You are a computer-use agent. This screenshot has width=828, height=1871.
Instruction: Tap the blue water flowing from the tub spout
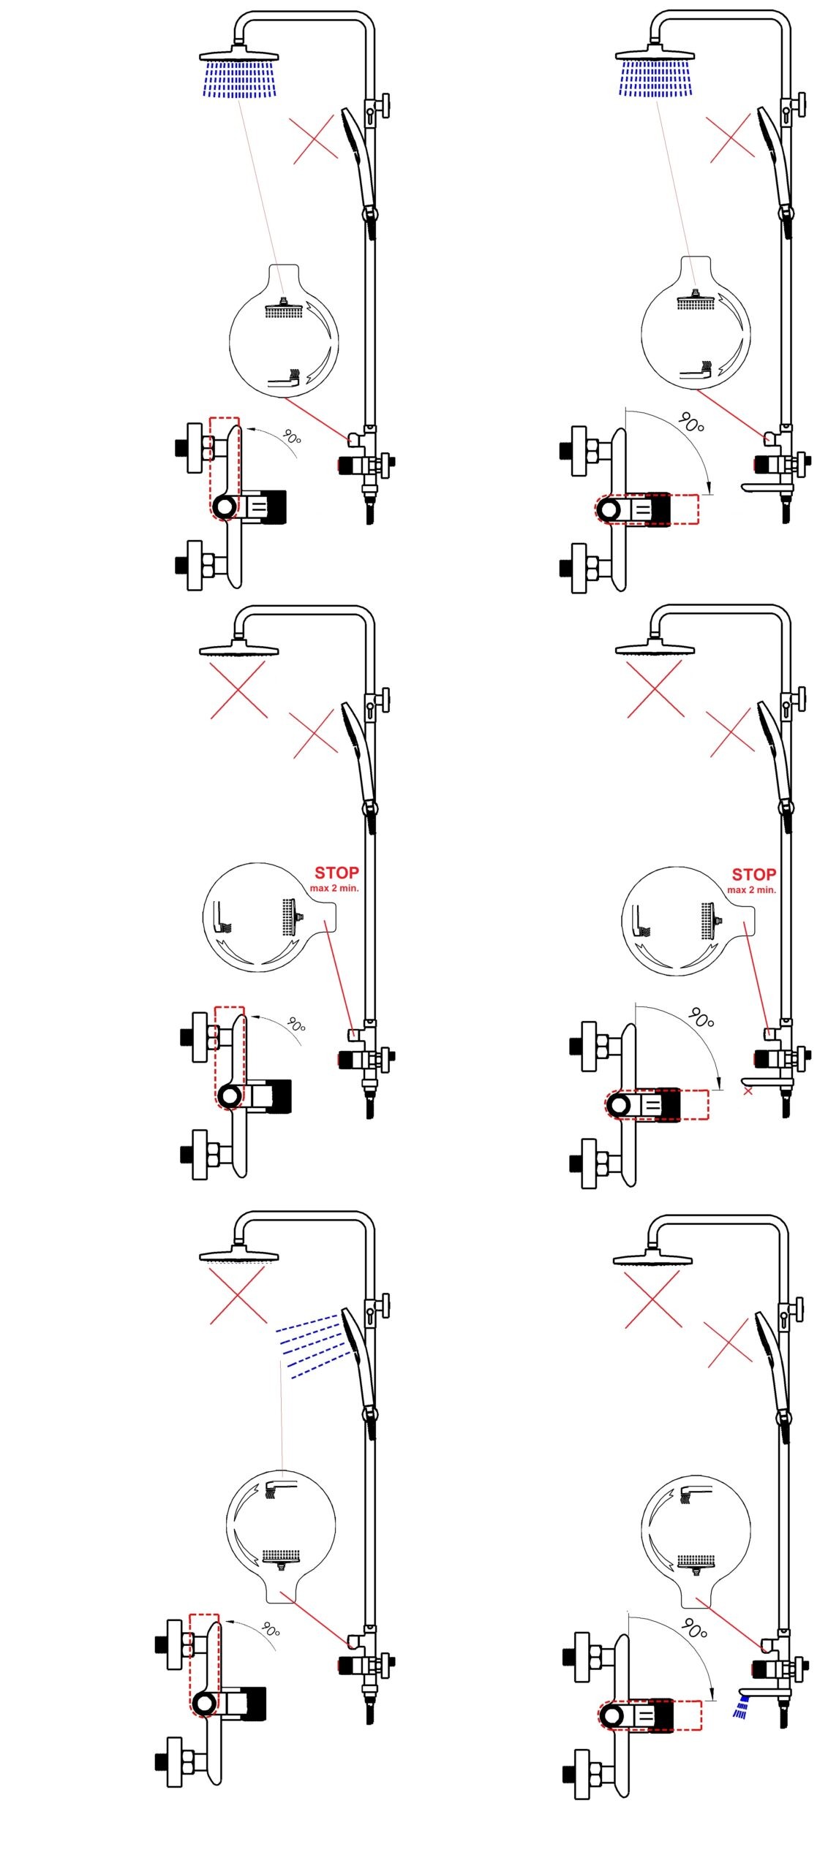click(x=742, y=1709)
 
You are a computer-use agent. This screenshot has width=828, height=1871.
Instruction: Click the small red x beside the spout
click(x=748, y=1091)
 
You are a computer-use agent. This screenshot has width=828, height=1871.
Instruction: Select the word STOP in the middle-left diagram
click(x=336, y=873)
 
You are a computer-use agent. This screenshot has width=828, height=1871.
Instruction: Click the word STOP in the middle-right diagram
click(x=753, y=874)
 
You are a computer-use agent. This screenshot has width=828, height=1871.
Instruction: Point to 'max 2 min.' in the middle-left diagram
click(x=334, y=888)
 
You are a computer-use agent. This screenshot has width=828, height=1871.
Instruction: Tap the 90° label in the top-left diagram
click(x=292, y=438)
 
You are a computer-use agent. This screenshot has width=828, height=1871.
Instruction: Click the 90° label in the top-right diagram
click(x=690, y=422)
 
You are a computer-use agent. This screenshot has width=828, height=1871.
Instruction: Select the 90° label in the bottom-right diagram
click(x=693, y=1629)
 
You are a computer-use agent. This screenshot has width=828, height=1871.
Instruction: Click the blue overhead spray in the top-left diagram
click(x=239, y=79)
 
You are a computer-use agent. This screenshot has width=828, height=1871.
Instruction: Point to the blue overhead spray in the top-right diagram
click(x=655, y=78)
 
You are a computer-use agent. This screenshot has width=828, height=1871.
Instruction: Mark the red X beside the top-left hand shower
click(x=315, y=140)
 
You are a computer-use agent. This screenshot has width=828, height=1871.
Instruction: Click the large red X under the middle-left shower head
click(x=238, y=689)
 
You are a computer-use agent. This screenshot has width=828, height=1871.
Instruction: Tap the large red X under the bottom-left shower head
click(x=238, y=1296)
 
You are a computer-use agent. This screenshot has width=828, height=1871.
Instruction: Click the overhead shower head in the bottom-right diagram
click(x=652, y=1259)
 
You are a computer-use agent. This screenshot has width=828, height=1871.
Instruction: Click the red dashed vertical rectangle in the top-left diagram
click(x=225, y=468)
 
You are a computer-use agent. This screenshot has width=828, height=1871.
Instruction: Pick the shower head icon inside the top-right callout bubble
click(x=696, y=300)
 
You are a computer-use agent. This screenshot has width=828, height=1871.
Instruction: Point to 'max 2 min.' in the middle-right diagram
click(x=751, y=889)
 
